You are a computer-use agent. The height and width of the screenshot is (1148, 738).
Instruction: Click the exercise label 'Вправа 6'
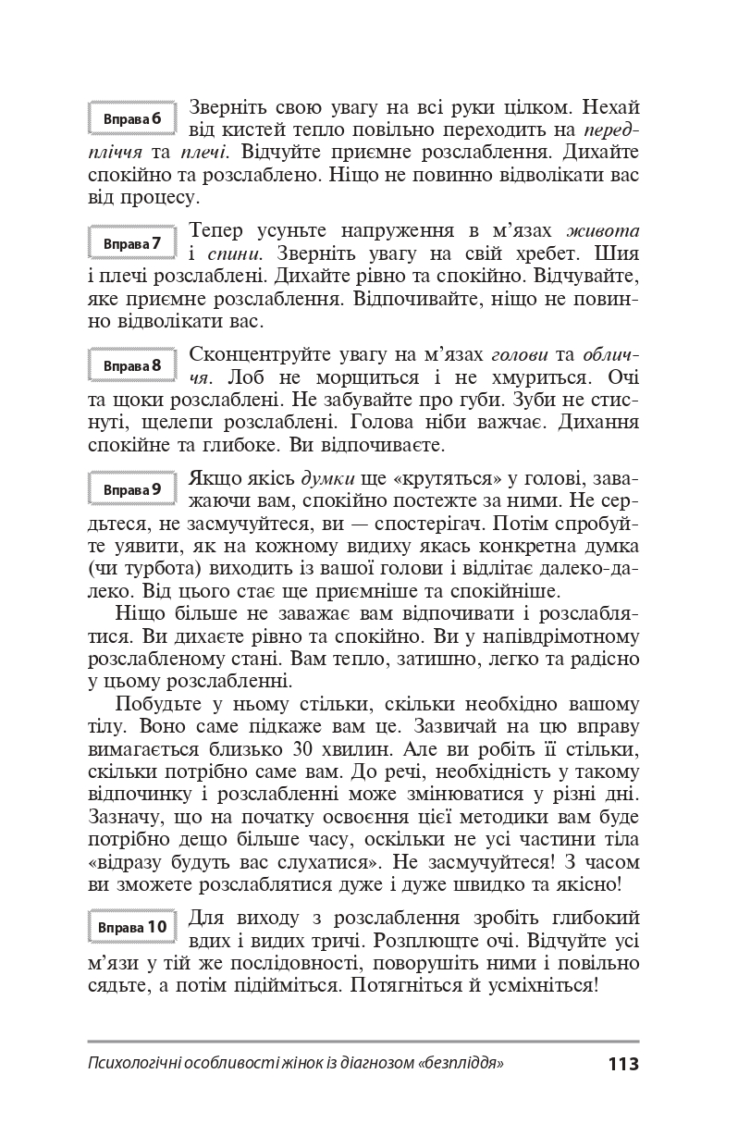(x=132, y=119)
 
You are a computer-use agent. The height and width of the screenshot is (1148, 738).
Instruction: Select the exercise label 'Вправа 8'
(x=132, y=365)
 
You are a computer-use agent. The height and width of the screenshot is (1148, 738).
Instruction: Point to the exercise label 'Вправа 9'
(x=132, y=488)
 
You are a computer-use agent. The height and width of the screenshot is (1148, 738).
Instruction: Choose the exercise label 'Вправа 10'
(x=132, y=926)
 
